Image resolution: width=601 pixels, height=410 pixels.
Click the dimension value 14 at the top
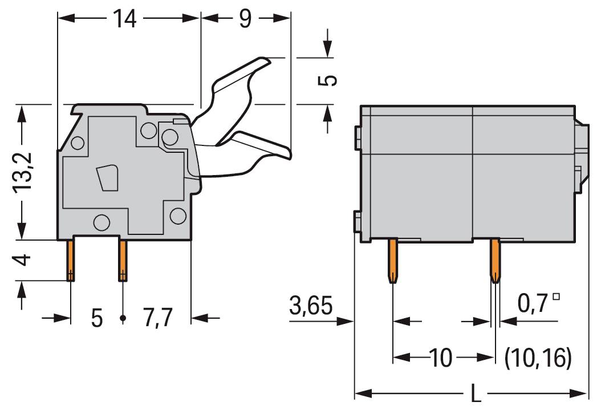(124, 18)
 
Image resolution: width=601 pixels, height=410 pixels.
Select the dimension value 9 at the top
(245, 18)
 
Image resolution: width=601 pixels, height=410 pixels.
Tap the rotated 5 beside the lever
(327, 80)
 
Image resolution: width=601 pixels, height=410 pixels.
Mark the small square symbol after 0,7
(557, 297)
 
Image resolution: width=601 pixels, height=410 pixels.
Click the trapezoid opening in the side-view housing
(107, 178)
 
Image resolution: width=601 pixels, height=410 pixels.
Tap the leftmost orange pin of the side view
(70, 260)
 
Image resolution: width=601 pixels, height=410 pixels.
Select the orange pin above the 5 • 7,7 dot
(123, 260)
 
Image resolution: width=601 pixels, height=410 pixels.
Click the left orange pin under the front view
(393, 261)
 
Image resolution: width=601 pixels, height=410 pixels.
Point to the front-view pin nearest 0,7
(495, 261)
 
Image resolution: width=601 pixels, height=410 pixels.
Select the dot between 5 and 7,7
(123, 318)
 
